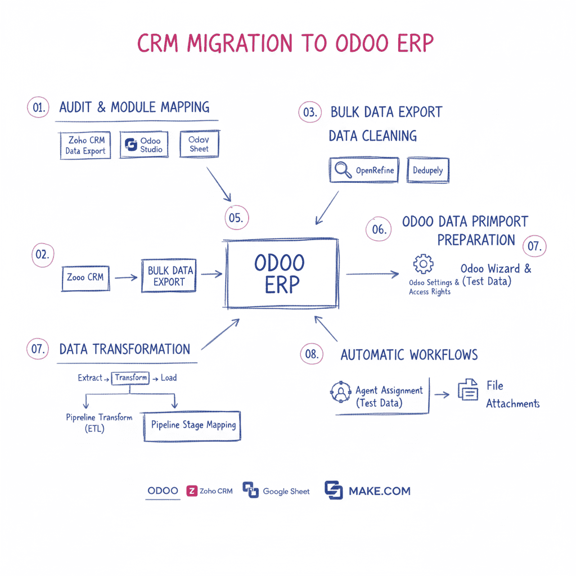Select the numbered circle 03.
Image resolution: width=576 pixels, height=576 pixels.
(309, 112)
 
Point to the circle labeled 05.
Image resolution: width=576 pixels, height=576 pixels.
(237, 218)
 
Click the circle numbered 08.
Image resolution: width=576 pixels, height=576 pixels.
(312, 354)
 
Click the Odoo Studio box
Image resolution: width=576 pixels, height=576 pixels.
(144, 145)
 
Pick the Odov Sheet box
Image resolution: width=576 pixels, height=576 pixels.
(199, 145)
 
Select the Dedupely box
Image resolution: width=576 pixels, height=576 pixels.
(427, 170)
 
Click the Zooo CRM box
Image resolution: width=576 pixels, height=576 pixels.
(85, 277)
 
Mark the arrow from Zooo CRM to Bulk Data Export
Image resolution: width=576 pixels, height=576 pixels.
(126, 277)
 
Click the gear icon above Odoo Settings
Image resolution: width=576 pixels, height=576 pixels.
(423, 264)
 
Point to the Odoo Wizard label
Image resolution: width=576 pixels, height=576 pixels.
(496, 269)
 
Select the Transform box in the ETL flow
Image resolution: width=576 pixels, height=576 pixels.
(130, 378)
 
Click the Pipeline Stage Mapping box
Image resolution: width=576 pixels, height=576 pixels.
(193, 425)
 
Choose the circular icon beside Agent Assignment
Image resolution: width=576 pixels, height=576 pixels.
(340, 392)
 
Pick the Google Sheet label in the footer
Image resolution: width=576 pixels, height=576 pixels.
(286, 491)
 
